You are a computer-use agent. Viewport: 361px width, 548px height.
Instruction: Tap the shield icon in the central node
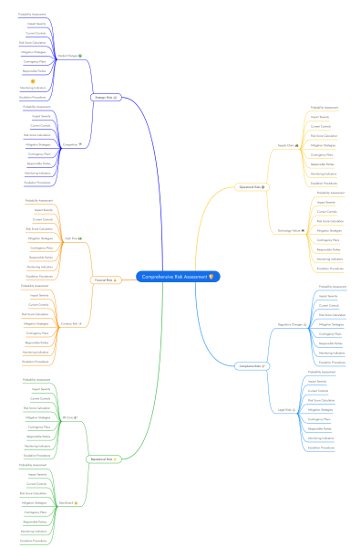(211, 277)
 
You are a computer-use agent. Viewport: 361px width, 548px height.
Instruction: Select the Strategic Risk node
(105, 97)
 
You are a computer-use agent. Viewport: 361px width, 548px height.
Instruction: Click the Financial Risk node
(104, 280)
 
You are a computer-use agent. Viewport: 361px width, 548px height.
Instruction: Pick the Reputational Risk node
(103, 459)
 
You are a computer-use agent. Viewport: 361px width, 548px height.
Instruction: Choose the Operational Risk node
(250, 187)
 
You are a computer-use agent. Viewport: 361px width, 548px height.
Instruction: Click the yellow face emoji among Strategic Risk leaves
(33, 81)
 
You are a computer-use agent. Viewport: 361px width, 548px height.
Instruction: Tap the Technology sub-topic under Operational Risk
(289, 231)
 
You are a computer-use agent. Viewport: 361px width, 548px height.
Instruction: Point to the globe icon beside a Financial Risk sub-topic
(81, 323)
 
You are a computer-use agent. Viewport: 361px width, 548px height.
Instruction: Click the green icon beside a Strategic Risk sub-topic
(81, 56)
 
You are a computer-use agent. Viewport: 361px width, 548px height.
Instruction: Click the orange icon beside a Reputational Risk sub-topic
(77, 417)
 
